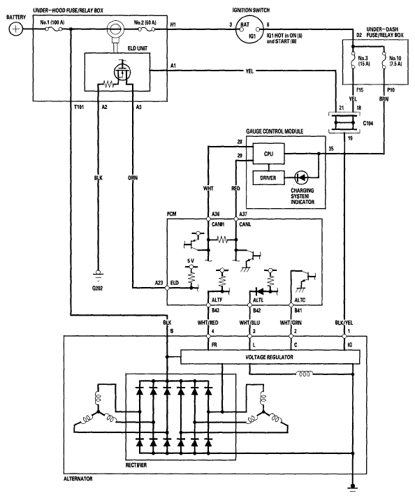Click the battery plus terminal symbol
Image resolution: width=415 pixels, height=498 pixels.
point(15,29)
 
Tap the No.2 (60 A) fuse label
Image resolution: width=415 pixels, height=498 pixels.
point(145,22)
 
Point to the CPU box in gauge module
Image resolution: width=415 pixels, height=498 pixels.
point(268,154)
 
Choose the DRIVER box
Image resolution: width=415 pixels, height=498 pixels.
point(268,178)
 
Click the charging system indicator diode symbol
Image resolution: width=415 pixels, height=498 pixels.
point(301,177)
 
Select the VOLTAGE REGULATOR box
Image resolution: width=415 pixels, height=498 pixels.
point(270,357)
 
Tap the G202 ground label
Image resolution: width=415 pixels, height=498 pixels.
point(97,288)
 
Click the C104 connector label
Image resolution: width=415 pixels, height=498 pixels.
point(368,123)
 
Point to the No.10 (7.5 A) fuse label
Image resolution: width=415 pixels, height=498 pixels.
point(395,61)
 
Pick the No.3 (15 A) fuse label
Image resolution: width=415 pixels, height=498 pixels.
point(364,61)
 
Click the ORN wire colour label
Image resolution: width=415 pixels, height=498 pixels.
point(133,178)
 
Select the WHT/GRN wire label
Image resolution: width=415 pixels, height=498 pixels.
point(291,323)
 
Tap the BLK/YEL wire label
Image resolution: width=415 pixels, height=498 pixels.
point(344,323)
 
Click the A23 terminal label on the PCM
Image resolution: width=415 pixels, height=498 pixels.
point(159,283)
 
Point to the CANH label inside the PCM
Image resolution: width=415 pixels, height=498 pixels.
point(218,224)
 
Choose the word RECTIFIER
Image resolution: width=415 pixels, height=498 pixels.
point(136,465)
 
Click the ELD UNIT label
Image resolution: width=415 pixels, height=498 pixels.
point(138,48)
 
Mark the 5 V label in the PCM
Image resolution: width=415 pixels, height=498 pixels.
point(191,261)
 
